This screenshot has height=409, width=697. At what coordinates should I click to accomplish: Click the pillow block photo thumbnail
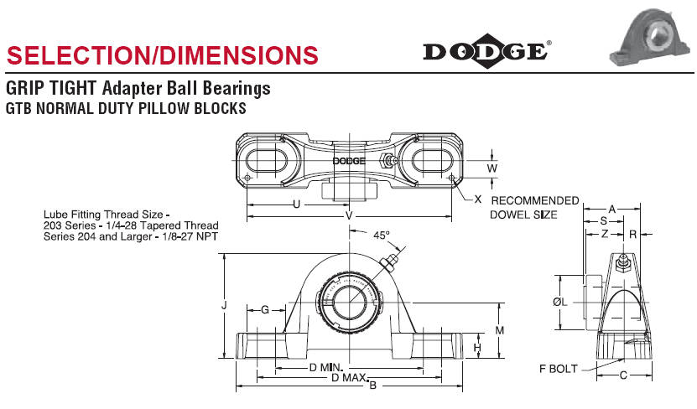click(x=650, y=38)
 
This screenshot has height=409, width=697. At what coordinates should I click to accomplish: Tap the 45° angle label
click(x=381, y=236)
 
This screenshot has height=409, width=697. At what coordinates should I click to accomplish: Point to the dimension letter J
click(x=225, y=306)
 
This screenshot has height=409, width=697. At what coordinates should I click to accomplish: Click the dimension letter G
click(x=265, y=309)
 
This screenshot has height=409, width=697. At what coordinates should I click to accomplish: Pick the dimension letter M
click(x=500, y=330)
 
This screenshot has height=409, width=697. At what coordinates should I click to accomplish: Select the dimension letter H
click(x=477, y=347)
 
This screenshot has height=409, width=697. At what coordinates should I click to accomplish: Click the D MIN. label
click(x=326, y=368)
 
